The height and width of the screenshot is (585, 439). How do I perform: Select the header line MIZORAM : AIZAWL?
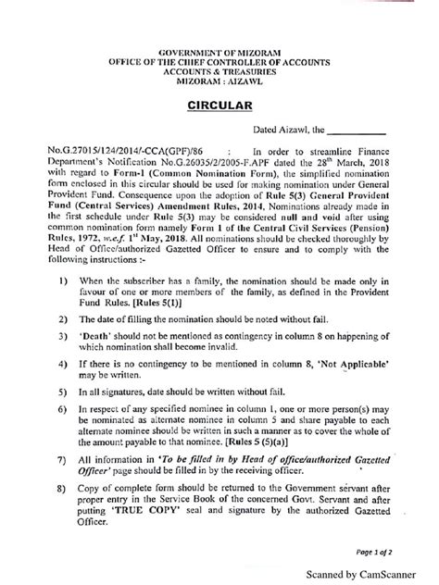[219, 82]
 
